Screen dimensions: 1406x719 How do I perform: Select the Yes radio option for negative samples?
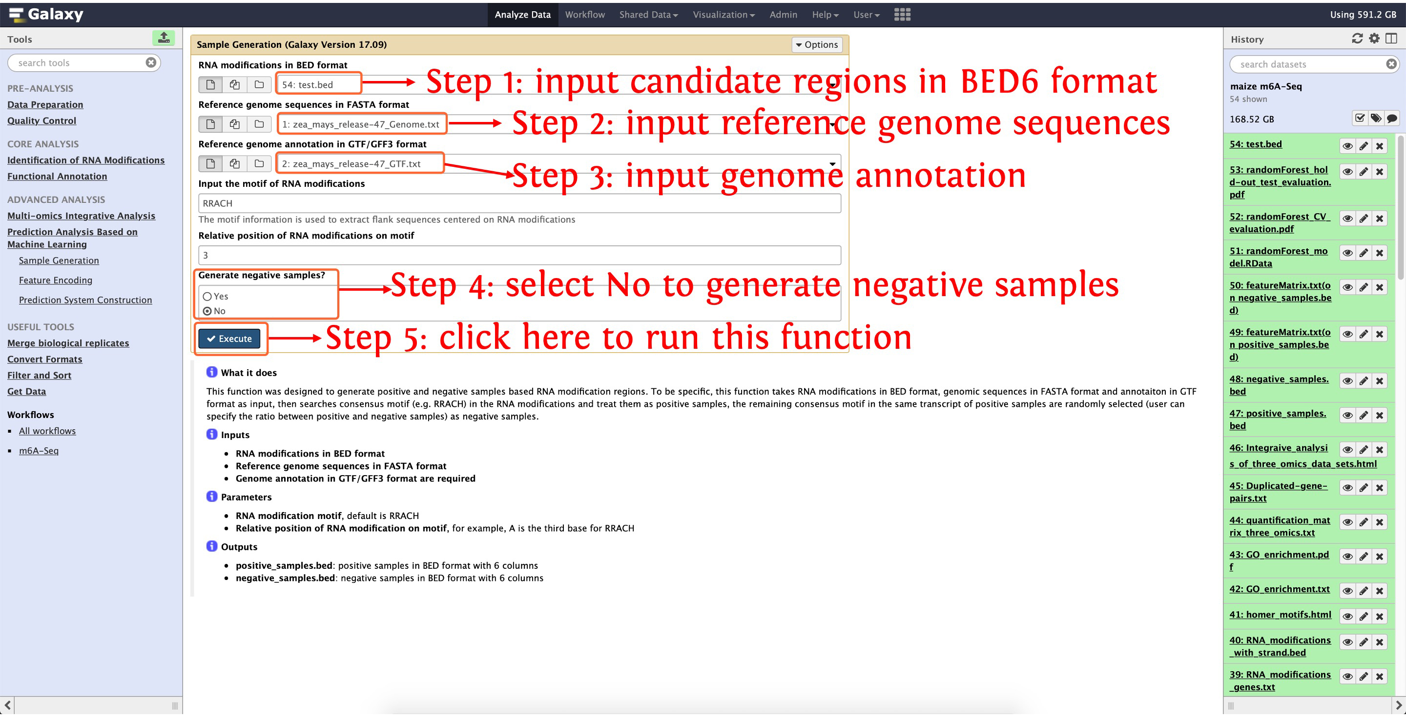click(x=207, y=296)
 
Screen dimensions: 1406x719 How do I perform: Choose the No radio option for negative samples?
click(x=207, y=311)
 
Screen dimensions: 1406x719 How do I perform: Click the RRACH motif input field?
click(x=519, y=203)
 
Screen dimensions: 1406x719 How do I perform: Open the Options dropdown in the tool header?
click(x=817, y=45)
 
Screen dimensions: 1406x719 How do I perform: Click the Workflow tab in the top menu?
click(x=584, y=15)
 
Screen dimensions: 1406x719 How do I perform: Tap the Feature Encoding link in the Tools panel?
click(x=56, y=280)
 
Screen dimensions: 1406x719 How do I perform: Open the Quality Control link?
click(x=41, y=120)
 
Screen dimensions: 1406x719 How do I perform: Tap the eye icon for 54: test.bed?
click(x=1347, y=146)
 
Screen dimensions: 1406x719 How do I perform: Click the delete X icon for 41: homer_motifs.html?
click(x=1380, y=617)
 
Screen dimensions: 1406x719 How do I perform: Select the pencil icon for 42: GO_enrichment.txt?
click(x=1364, y=591)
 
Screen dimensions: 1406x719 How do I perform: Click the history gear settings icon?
click(x=1374, y=38)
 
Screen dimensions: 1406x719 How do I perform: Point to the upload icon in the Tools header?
click(x=163, y=38)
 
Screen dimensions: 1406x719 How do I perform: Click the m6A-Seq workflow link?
click(x=39, y=451)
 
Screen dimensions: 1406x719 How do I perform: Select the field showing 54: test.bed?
click(x=318, y=84)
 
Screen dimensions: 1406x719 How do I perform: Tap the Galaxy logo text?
click(x=56, y=14)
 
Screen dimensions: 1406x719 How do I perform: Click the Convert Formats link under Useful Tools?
click(x=45, y=359)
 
